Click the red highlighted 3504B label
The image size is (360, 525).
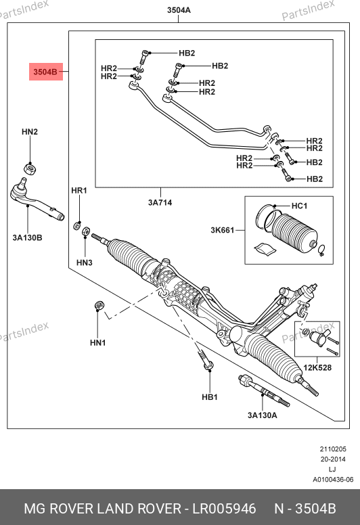tap(46, 72)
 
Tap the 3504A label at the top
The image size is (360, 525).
tap(179, 10)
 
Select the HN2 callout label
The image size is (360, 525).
tap(30, 132)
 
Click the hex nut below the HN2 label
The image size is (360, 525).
tap(30, 167)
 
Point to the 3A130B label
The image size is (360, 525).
tap(28, 237)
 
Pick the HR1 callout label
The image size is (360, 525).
tap(79, 191)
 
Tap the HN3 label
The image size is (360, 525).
tap(85, 262)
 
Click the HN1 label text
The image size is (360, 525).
tap(98, 342)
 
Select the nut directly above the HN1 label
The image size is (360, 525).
tap(99, 305)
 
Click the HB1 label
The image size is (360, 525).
tap(210, 397)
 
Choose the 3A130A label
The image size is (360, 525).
tap(262, 415)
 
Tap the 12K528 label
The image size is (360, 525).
tap(317, 367)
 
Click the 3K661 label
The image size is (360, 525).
tap(223, 230)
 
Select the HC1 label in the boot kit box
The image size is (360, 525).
tap(299, 206)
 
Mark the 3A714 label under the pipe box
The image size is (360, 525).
tap(160, 202)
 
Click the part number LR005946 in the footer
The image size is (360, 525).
tap(224, 509)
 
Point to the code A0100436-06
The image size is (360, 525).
tap(333, 480)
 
